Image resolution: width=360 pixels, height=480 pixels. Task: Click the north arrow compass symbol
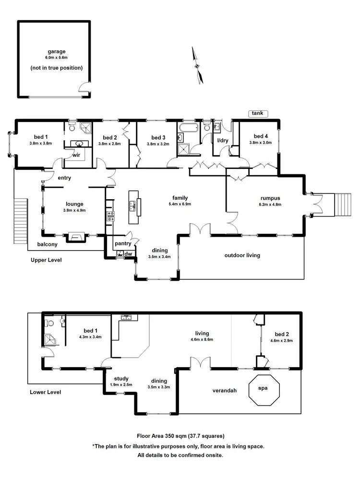point(197,66)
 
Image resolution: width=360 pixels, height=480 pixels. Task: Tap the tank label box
point(258,113)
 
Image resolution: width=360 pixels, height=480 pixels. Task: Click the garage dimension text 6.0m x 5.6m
point(56,59)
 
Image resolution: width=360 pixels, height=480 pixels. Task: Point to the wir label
point(76,156)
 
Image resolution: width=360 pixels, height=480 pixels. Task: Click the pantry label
point(123,243)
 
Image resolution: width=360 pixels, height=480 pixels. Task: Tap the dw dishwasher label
point(128,253)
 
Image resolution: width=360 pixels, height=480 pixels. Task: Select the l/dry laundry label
point(222,140)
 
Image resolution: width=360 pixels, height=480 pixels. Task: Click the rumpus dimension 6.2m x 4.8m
point(264,204)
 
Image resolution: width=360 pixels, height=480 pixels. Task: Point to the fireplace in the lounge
point(74,236)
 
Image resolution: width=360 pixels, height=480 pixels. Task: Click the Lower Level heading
point(45,392)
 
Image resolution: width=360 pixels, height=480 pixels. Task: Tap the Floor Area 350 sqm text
point(180,436)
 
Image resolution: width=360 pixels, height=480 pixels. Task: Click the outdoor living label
point(242,255)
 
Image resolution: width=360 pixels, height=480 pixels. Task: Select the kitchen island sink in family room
point(132,205)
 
